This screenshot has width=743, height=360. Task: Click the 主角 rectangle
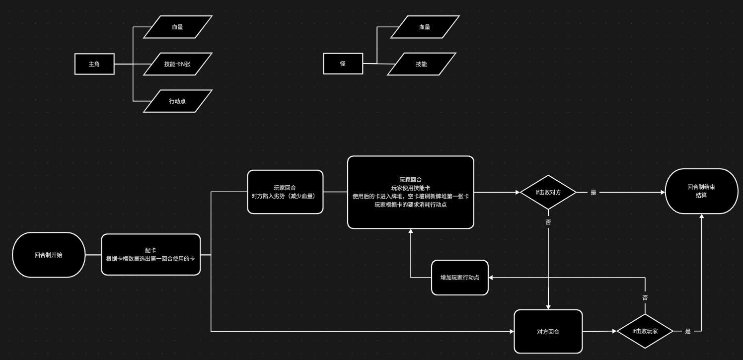coord(94,64)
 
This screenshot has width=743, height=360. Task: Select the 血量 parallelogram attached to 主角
coord(178,27)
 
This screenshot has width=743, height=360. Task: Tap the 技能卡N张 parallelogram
coord(178,64)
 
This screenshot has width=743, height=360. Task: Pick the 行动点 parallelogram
coord(178,101)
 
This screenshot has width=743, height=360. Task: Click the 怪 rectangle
coord(343,64)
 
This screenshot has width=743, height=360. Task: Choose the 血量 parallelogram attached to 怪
coord(425,27)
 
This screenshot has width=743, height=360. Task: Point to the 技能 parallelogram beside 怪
coord(421,64)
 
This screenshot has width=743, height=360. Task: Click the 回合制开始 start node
coord(48,255)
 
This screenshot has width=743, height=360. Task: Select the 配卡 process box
coord(150,254)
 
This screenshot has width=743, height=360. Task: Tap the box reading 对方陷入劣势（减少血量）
coord(285,192)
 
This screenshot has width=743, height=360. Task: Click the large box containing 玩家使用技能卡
coord(410,192)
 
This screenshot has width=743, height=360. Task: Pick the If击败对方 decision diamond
coord(548,192)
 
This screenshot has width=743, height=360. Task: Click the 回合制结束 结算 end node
coord(701,191)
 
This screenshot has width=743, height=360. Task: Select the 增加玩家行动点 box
coord(459,278)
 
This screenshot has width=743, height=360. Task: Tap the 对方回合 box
coord(548,331)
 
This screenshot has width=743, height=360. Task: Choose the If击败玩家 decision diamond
coord(645,331)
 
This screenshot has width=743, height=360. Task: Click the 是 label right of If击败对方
coord(593,192)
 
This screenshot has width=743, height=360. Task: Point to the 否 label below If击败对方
coord(548,222)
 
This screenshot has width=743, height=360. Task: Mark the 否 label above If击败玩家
coord(645,297)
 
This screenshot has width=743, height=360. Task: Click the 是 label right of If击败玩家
coord(688,331)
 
